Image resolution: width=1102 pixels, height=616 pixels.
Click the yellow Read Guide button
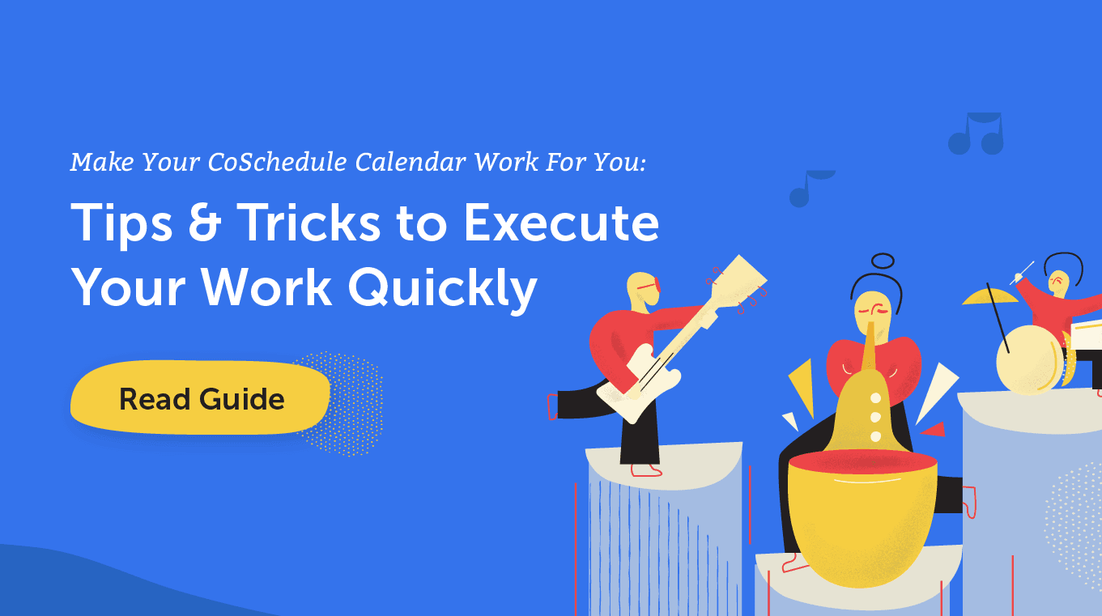[x=200, y=397]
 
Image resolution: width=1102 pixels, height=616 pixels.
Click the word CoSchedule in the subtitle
[x=277, y=162]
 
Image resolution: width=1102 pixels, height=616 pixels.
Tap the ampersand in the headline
[x=205, y=223]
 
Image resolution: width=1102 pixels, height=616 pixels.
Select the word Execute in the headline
[x=561, y=223]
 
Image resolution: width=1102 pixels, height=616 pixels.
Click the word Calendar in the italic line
[x=411, y=162]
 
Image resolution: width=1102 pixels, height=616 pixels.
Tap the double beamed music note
[x=976, y=134]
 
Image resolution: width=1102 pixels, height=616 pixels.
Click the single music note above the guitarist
[x=810, y=189]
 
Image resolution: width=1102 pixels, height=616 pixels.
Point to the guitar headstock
[x=738, y=282]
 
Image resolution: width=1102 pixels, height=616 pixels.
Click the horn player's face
[x=873, y=314]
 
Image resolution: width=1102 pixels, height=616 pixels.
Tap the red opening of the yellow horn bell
[x=862, y=462]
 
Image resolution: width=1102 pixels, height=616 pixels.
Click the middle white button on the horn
[x=876, y=417]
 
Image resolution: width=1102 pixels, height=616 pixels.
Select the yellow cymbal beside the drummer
[x=989, y=297]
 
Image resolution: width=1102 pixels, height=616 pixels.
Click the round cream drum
[x=1029, y=359]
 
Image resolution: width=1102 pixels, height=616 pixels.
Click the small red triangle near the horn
[x=934, y=430]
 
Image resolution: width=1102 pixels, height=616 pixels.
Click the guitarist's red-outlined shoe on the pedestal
[x=646, y=470]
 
